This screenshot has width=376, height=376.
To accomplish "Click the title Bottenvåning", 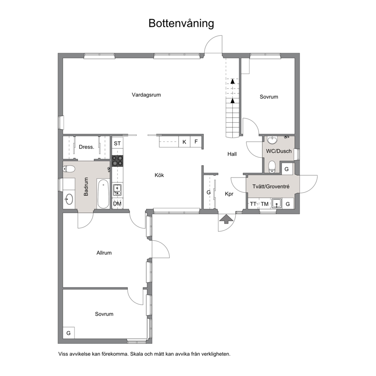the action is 181,23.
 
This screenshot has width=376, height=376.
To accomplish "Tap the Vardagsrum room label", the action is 146,95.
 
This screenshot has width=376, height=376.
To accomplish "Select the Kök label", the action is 159,175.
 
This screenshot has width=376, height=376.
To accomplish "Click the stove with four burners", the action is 117,161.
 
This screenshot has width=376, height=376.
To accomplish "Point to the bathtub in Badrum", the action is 103,194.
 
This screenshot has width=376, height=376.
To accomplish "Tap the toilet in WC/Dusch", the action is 272,166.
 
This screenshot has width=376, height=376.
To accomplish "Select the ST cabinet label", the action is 117,143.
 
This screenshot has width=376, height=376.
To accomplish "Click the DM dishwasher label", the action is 117,204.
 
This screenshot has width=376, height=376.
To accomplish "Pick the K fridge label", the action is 184,142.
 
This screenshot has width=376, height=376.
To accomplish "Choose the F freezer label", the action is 196,141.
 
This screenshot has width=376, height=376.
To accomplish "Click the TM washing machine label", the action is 265,204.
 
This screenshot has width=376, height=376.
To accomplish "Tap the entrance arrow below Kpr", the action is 227,219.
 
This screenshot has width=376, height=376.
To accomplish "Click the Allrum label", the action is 104,253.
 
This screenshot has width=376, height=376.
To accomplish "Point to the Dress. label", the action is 86,147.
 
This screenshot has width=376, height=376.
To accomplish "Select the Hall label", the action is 232,154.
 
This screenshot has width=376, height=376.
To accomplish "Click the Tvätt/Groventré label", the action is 271,186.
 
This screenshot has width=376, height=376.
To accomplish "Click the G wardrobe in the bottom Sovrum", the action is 69,333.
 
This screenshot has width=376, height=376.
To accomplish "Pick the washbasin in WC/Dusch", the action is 272,140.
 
